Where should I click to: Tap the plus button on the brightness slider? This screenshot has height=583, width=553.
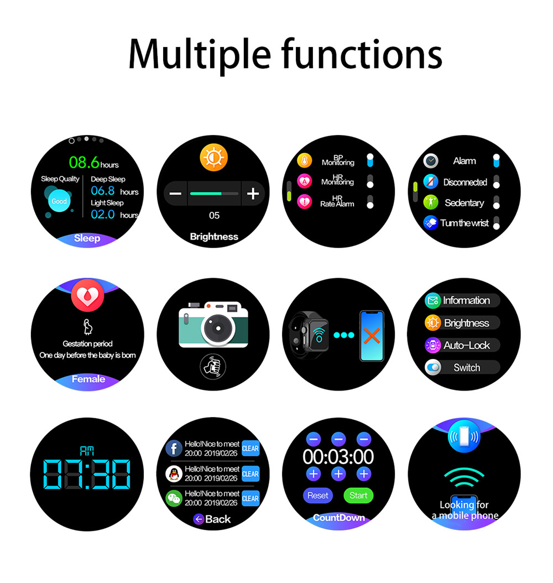253,194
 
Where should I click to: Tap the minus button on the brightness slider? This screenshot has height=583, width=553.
175,194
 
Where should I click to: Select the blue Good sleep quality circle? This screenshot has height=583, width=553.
59,201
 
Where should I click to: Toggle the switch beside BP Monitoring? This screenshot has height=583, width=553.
370,160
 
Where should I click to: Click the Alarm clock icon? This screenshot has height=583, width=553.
431,161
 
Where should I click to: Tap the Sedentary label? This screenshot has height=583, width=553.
464,203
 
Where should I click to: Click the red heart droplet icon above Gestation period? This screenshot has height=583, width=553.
87,296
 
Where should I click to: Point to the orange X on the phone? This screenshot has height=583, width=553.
372,335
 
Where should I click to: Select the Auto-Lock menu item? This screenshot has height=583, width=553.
467,345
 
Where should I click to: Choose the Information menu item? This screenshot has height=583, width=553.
466,300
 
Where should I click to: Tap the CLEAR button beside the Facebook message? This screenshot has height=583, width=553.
251,449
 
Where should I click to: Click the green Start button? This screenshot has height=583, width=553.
358,496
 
